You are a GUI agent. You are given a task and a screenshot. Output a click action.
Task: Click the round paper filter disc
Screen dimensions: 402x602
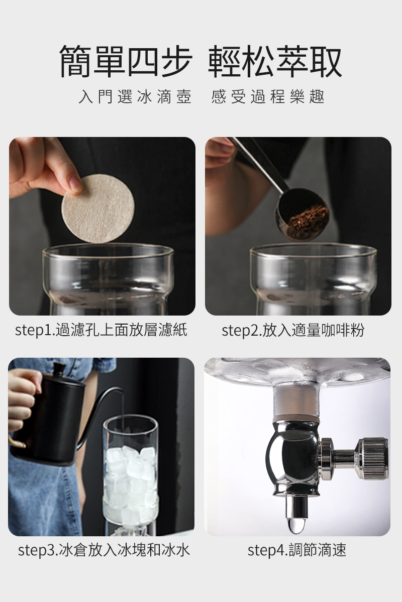click(98, 209)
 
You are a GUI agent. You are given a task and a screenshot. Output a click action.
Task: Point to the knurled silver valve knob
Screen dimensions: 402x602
click(372, 462)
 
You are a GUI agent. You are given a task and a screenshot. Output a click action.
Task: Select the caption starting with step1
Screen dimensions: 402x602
click(101, 330)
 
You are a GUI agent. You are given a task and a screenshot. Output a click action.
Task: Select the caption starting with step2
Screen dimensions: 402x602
click(292, 330)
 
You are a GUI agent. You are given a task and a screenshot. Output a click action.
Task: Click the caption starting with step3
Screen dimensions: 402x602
click(104, 550)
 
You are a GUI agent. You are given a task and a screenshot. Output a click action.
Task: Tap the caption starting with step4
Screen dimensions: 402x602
click(296, 550)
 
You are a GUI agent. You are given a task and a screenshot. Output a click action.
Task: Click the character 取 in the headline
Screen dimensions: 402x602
click(326, 61)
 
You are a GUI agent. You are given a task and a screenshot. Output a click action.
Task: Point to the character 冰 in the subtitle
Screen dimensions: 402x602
click(145, 97)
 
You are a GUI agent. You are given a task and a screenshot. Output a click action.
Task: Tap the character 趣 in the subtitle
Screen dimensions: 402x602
click(317, 97)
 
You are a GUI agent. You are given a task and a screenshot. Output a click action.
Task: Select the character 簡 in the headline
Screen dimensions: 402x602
click(75, 61)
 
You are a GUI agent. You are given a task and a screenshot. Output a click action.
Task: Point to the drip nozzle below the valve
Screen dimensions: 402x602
click(295, 507)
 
